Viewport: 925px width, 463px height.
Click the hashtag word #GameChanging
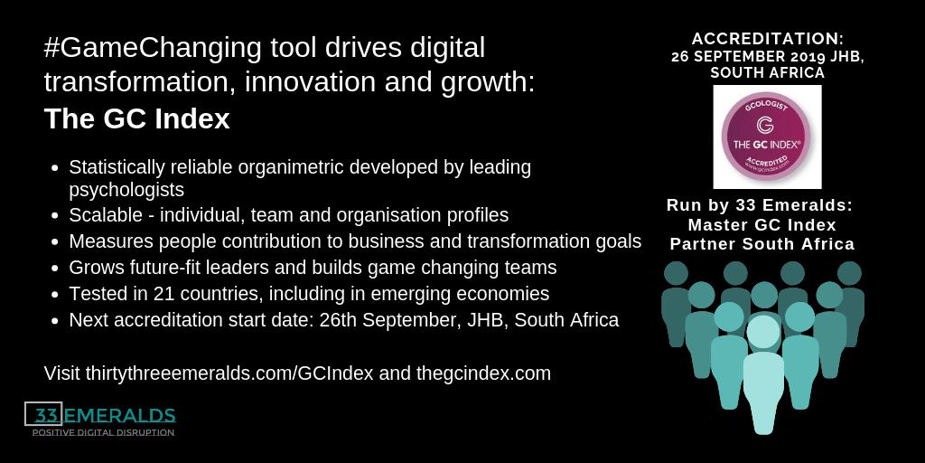pos(138,48)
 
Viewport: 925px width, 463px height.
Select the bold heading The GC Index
pos(136,119)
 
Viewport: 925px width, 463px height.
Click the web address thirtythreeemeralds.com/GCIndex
pos(236,373)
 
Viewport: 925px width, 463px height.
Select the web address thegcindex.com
pos(483,373)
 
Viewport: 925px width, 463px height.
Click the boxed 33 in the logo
pos(44,414)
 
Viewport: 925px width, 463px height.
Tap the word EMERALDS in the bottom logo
pos(119,415)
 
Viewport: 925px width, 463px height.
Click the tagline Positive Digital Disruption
pos(103,433)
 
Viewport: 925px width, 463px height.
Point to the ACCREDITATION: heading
pos(767,40)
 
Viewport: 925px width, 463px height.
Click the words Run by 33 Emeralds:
pos(760,205)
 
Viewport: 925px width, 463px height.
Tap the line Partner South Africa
pos(761,244)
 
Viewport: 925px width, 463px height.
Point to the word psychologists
pos(126,190)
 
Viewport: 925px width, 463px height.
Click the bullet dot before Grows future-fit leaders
pos(56,269)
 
